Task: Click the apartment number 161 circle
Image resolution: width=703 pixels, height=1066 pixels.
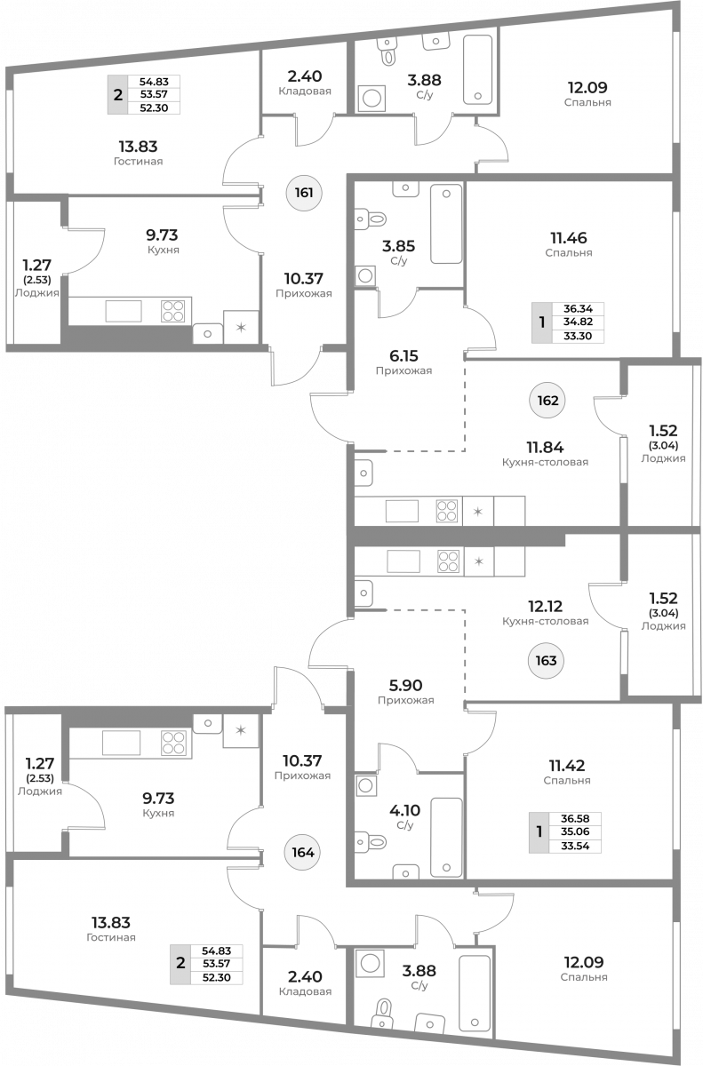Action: (304, 193)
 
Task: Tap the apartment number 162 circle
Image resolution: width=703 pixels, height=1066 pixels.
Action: (547, 401)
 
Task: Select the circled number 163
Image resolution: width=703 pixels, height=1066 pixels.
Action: (546, 661)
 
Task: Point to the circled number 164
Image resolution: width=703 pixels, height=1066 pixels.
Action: (303, 852)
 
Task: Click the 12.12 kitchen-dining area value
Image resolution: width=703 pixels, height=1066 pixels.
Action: (545, 606)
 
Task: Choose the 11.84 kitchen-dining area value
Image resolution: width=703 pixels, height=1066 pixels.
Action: (545, 448)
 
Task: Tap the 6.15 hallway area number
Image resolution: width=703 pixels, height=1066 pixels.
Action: (403, 355)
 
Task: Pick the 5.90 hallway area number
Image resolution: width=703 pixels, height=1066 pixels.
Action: (405, 685)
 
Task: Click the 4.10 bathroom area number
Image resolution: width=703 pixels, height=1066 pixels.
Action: (404, 810)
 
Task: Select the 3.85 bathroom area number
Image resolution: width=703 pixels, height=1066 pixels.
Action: (399, 246)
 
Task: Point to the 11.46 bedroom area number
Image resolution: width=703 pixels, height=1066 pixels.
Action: (569, 237)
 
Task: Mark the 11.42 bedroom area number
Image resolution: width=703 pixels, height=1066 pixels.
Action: (567, 765)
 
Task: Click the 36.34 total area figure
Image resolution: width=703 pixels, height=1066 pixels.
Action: (578, 309)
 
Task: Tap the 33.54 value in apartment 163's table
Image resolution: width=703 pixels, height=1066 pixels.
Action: (575, 846)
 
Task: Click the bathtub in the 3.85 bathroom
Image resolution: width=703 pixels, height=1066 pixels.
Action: (446, 224)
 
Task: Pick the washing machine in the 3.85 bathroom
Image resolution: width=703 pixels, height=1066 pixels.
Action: (365, 276)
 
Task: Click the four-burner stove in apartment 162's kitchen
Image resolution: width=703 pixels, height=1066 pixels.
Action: (447, 511)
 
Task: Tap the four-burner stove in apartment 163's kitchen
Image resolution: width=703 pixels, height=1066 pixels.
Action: (448, 561)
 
